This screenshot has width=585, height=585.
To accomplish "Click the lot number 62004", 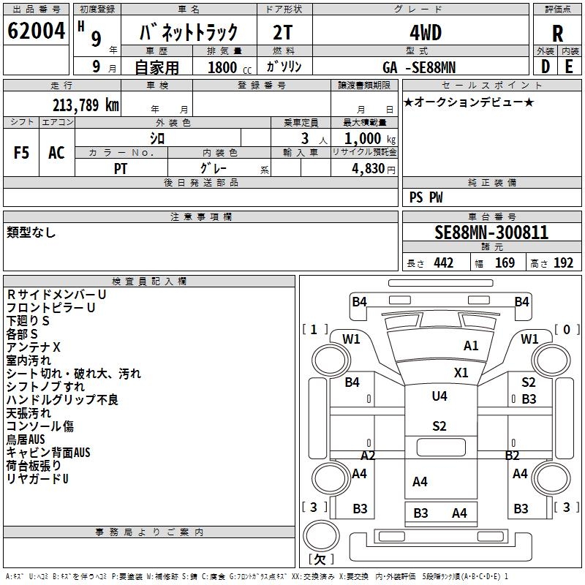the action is coord(36,31).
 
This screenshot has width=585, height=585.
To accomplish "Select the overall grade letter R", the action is coord(557,34).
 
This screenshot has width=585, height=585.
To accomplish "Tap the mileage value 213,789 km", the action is coord(86,105).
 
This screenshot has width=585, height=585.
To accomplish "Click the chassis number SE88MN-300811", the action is coord(491,233).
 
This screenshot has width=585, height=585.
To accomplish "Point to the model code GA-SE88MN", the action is coord(419,67).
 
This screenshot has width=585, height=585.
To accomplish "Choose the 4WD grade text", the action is coord(426,33).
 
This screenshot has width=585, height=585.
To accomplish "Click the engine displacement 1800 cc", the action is coord(230,67).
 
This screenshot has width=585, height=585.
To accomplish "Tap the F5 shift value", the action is coord(21,153).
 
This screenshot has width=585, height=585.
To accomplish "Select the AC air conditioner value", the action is coord(56,153).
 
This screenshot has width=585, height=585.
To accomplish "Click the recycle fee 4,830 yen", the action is coord(374,169).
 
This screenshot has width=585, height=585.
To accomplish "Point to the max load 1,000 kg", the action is coord(369,138).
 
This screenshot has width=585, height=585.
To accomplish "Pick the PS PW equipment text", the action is coord(426,197).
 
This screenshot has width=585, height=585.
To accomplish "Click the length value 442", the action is coord(444,263).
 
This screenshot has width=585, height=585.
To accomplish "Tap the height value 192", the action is coord(563,263).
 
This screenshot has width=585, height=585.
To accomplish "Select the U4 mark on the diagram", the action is coord(439,396).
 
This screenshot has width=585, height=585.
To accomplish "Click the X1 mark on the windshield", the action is coord(461,372).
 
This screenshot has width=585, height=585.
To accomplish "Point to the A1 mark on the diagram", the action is coord(471,345).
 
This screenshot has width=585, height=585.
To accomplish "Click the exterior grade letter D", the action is coord(545,67).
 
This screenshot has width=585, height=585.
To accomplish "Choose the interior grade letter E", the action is coord(569,67).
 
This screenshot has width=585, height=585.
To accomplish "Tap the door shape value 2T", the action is coord(283,33).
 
